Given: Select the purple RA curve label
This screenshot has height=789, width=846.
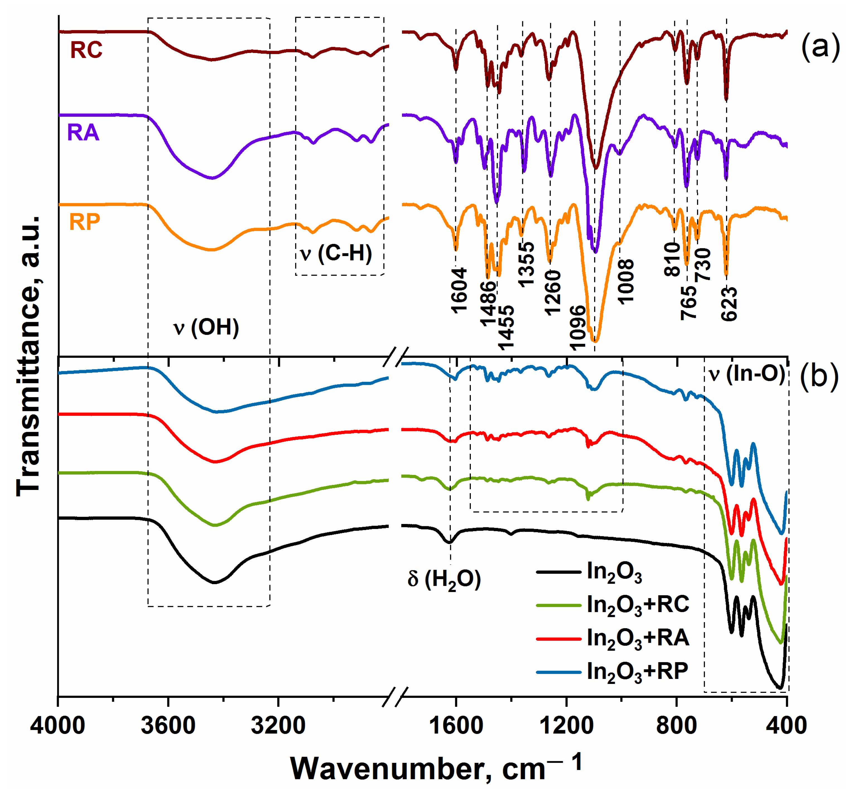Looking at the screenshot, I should coord(83,133).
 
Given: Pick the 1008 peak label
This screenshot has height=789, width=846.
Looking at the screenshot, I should coord(626,281).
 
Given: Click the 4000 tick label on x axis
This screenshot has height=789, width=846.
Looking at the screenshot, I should coord(58,725).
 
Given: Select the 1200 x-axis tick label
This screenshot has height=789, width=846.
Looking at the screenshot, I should coord(566,725).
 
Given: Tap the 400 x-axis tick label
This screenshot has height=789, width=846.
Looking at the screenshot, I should coord(786,725).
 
